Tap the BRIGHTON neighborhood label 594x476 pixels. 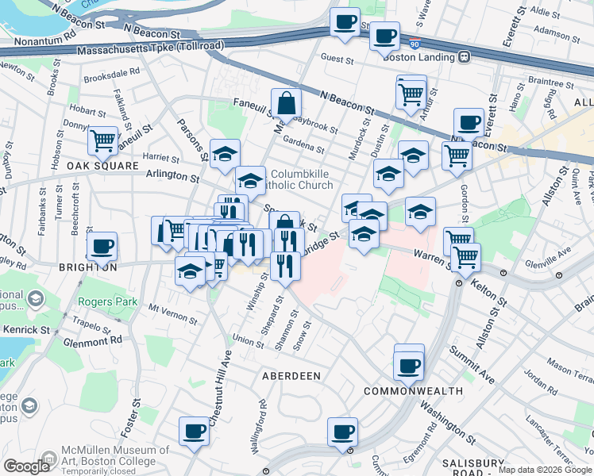tap(88, 268)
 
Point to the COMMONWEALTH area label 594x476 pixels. tap(413, 391)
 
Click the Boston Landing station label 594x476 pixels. tap(418, 56)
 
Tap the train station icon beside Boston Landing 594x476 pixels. tap(463, 56)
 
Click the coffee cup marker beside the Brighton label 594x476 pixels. tap(102, 247)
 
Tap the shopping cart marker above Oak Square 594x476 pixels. tap(103, 141)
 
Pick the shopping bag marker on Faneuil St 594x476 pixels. tap(286, 103)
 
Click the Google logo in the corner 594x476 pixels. tap(26, 466)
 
